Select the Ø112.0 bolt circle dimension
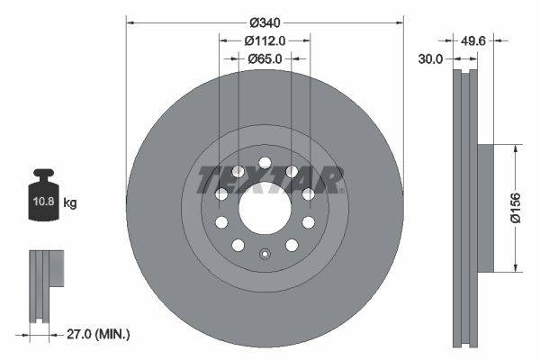pos(265,40)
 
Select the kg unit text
pos(70,203)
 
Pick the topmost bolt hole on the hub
pos(265,163)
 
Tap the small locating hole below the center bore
pos(265,252)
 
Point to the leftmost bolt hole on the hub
pos(220,193)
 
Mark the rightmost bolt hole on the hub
pos(309,193)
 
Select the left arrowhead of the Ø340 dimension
pos(130,21)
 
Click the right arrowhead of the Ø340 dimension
pos(399,21)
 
